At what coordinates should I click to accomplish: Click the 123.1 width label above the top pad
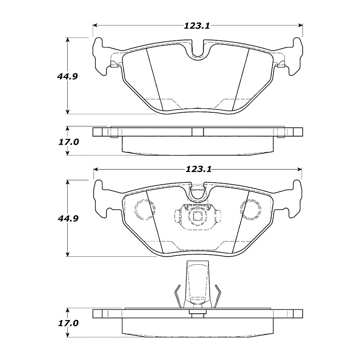(x=196, y=26)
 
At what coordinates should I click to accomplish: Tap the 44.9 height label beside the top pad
(x=66, y=76)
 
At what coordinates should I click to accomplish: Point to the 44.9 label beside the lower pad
(x=66, y=218)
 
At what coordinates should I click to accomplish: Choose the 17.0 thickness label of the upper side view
(x=69, y=141)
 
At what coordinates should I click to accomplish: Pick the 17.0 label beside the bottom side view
(x=69, y=323)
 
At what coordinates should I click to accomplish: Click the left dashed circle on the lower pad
(x=144, y=209)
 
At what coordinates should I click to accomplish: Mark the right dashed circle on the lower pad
(x=252, y=209)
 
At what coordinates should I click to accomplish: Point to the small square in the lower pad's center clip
(x=197, y=216)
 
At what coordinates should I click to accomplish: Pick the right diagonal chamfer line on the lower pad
(x=241, y=222)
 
